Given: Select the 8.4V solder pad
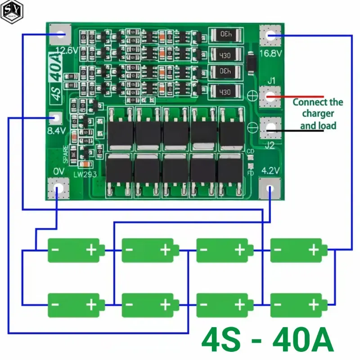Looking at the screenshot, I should (x=55, y=119).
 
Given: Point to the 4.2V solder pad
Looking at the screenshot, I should (x=270, y=189).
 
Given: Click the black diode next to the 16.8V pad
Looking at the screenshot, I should (x=251, y=63).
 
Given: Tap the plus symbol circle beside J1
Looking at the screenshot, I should (x=252, y=95).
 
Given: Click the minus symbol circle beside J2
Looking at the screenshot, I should (x=252, y=127).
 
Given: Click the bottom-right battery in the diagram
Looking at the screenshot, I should (x=298, y=305).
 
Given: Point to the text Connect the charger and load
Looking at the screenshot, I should (x=318, y=113).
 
